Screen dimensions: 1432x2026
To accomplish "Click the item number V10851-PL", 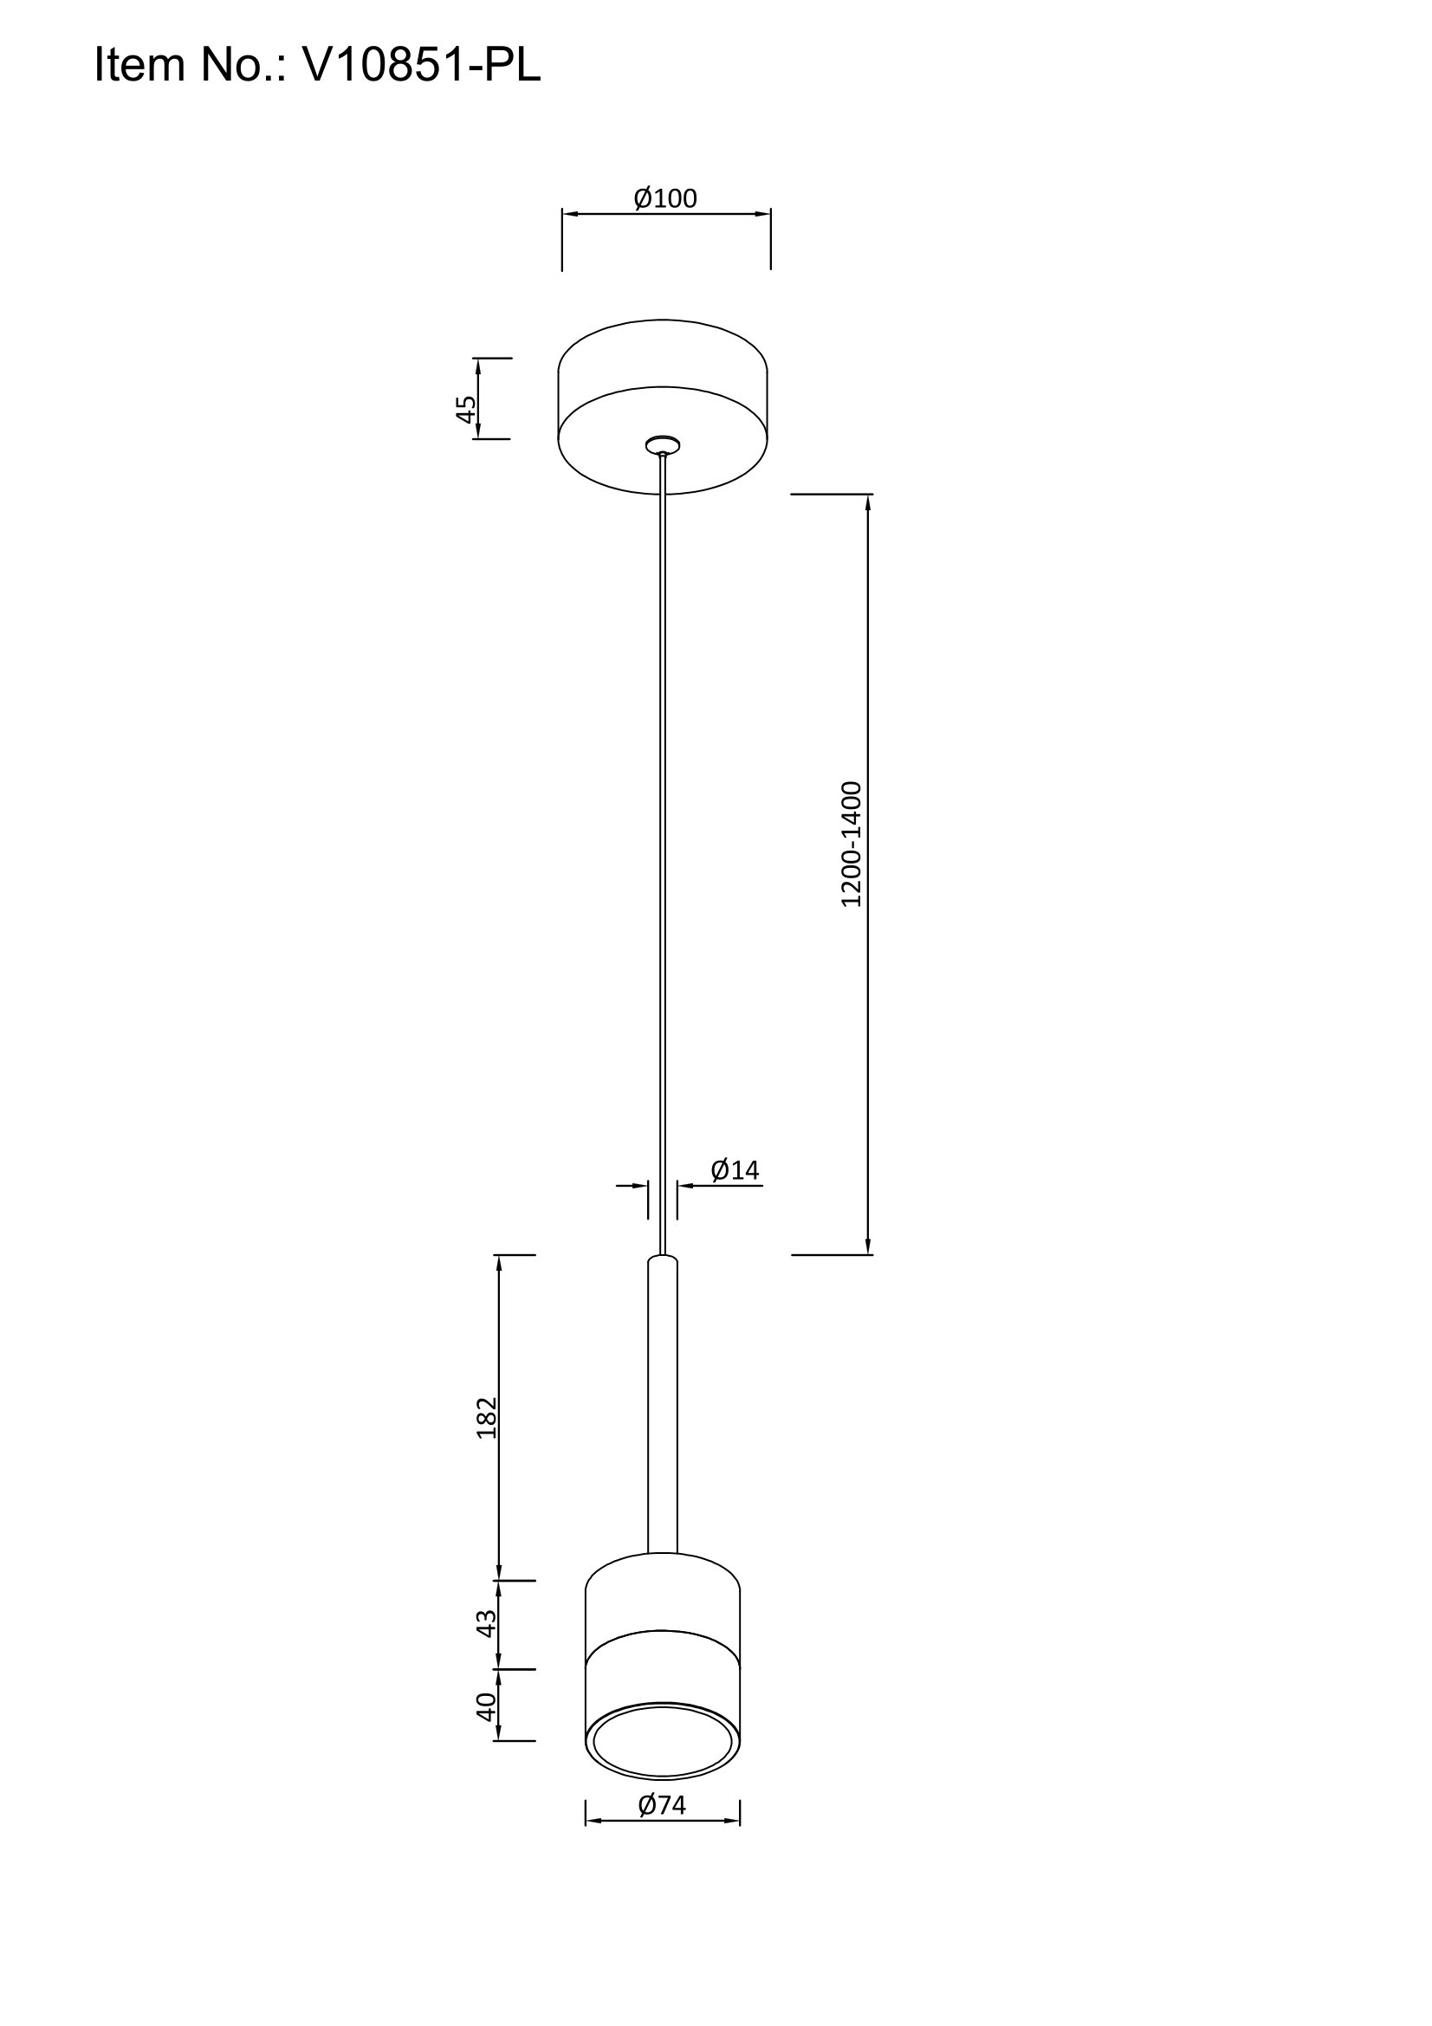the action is (x=421, y=64).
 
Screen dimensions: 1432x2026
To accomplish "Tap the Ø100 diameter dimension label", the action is (x=665, y=198).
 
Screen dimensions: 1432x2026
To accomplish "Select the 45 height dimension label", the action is (x=466, y=409).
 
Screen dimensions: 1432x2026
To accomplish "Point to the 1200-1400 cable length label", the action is (x=851, y=845).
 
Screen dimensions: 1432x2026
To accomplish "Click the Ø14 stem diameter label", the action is (x=735, y=1170).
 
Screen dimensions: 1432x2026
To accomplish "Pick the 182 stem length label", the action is (x=486, y=1418).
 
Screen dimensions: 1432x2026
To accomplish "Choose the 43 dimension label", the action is (x=486, y=1623).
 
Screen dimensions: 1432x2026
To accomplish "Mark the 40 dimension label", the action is (x=486, y=1706).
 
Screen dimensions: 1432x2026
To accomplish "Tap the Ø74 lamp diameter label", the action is (x=662, y=1805).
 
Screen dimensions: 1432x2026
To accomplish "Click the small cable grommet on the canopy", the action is (x=663, y=444).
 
